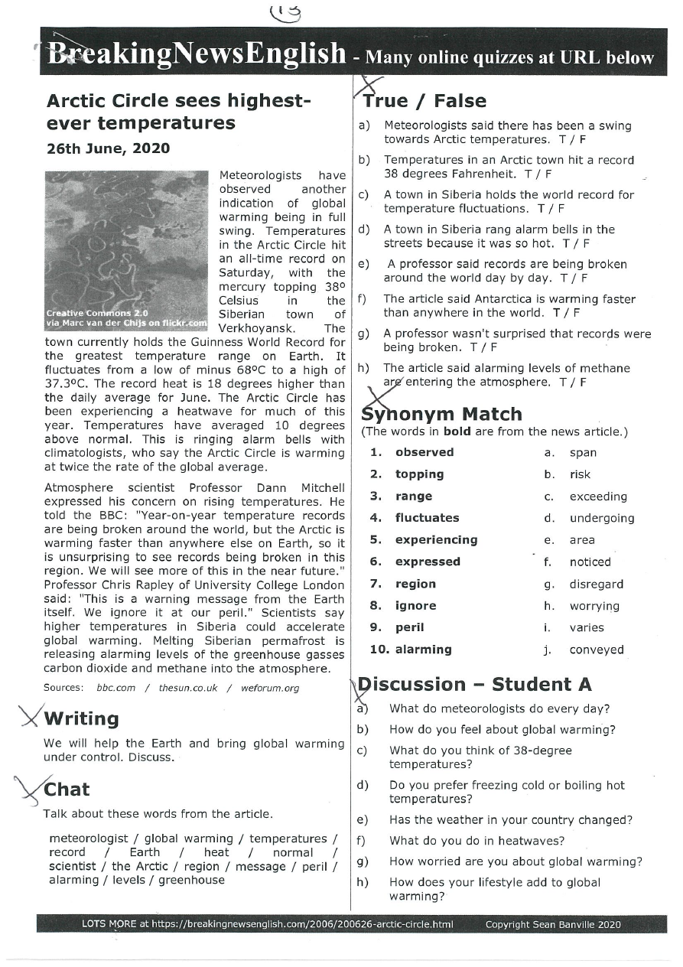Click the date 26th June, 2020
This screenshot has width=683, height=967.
click(x=109, y=148)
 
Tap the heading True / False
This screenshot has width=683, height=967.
click(x=425, y=101)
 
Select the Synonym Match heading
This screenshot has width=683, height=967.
click(x=442, y=414)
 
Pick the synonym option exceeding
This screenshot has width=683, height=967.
click(x=598, y=497)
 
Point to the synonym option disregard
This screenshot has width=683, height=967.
click(x=597, y=584)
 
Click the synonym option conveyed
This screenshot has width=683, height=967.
click(x=597, y=650)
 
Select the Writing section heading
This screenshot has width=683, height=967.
click(x=81, y=719)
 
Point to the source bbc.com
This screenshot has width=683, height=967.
click(x=115, y=688)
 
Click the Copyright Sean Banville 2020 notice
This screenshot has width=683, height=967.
click(x=553, y=924)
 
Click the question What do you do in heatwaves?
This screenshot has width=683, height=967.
click(x=476, y=841)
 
